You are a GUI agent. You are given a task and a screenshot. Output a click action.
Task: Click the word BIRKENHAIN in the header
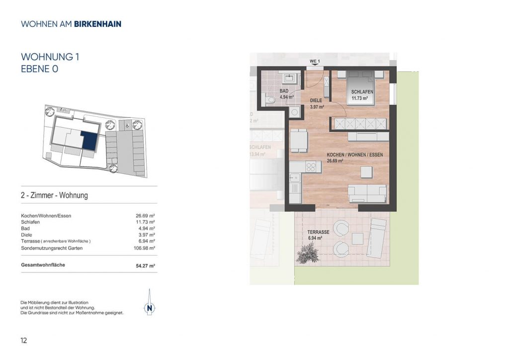[98, 24]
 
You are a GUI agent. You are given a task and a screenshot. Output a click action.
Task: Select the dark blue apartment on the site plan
[89, 140]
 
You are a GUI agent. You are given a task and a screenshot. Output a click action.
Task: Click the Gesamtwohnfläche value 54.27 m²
[146, 266]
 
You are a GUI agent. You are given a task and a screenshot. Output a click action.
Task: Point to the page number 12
[24, 340]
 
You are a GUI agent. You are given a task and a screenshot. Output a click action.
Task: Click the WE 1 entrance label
[315, 61]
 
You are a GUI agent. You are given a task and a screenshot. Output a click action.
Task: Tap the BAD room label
[284, 91]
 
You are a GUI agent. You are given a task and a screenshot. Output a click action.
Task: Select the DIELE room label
[316, 100]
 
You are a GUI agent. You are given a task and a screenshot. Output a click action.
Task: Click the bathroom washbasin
[289, 78]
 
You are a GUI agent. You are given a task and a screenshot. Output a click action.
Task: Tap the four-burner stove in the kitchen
[311, 167]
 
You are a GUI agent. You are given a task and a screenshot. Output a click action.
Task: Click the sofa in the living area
[367, 193]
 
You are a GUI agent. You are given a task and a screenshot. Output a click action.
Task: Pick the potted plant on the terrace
[306, 253]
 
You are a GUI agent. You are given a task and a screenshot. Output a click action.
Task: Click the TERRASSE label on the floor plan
[319, 232]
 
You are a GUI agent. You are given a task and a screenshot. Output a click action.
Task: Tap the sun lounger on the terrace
[378, 238]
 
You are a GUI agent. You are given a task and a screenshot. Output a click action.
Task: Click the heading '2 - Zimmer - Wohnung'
[54, 195]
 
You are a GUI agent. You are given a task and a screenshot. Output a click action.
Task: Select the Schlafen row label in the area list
[30, 222]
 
